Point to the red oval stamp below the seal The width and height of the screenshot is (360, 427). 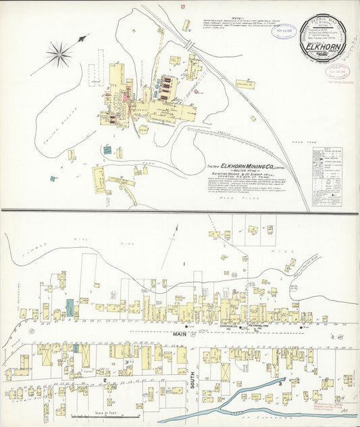coord(335,71)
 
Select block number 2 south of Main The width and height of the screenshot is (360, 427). coord(105,380)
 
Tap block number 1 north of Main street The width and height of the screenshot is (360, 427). coord(182,263)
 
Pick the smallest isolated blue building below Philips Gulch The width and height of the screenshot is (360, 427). coord(52,178)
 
